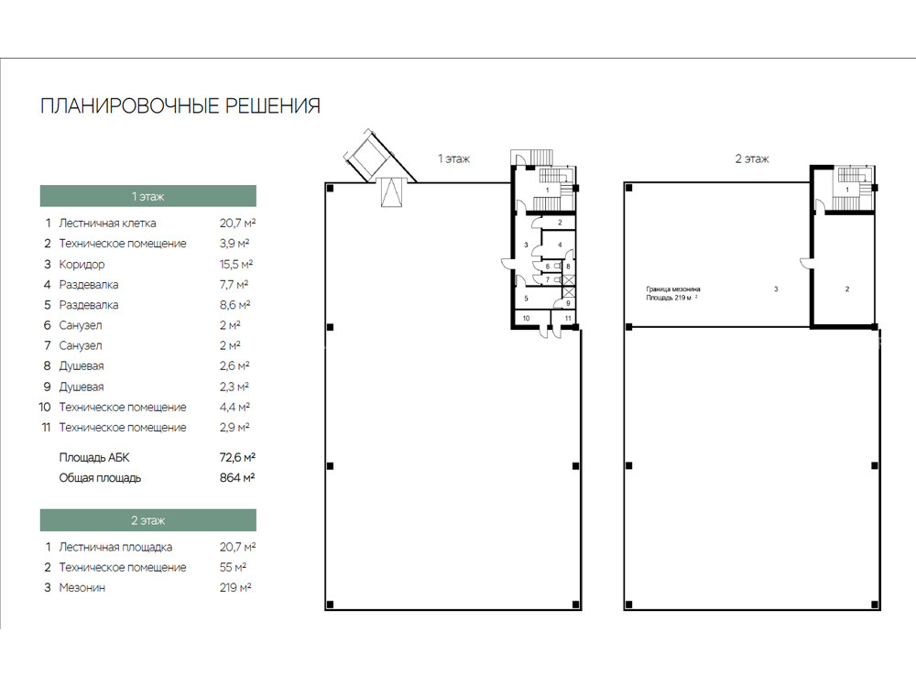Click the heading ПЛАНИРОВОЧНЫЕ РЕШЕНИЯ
(180, 105)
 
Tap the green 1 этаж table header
(147, 196)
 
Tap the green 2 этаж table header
(147, 520)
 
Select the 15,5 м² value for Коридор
(236, 264)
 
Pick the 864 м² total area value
(237, 477)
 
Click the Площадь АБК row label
(94, 457)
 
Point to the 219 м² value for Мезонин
(235, 587)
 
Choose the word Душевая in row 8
(82, 366)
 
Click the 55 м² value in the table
(233, 567)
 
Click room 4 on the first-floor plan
(559, 245)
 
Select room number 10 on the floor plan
(527, 319)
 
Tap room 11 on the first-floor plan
(568, 319)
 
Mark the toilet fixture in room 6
(557, 267)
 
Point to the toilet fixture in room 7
(557, 279)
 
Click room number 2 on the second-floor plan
(847, 289)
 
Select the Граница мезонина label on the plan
(673, 289)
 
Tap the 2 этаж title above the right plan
(752, 158)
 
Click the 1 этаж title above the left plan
(454, 158)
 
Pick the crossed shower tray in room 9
(569, 292)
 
